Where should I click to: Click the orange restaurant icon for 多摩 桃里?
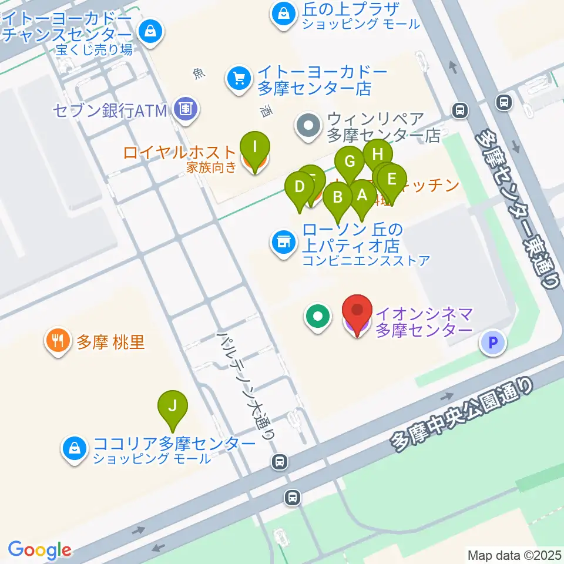57,342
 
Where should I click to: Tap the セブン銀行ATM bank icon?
187,109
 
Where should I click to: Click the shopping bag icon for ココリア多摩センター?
75,449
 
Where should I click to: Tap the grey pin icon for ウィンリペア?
308,126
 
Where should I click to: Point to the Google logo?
39,550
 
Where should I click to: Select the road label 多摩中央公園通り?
464,414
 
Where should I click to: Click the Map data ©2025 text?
514,554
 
